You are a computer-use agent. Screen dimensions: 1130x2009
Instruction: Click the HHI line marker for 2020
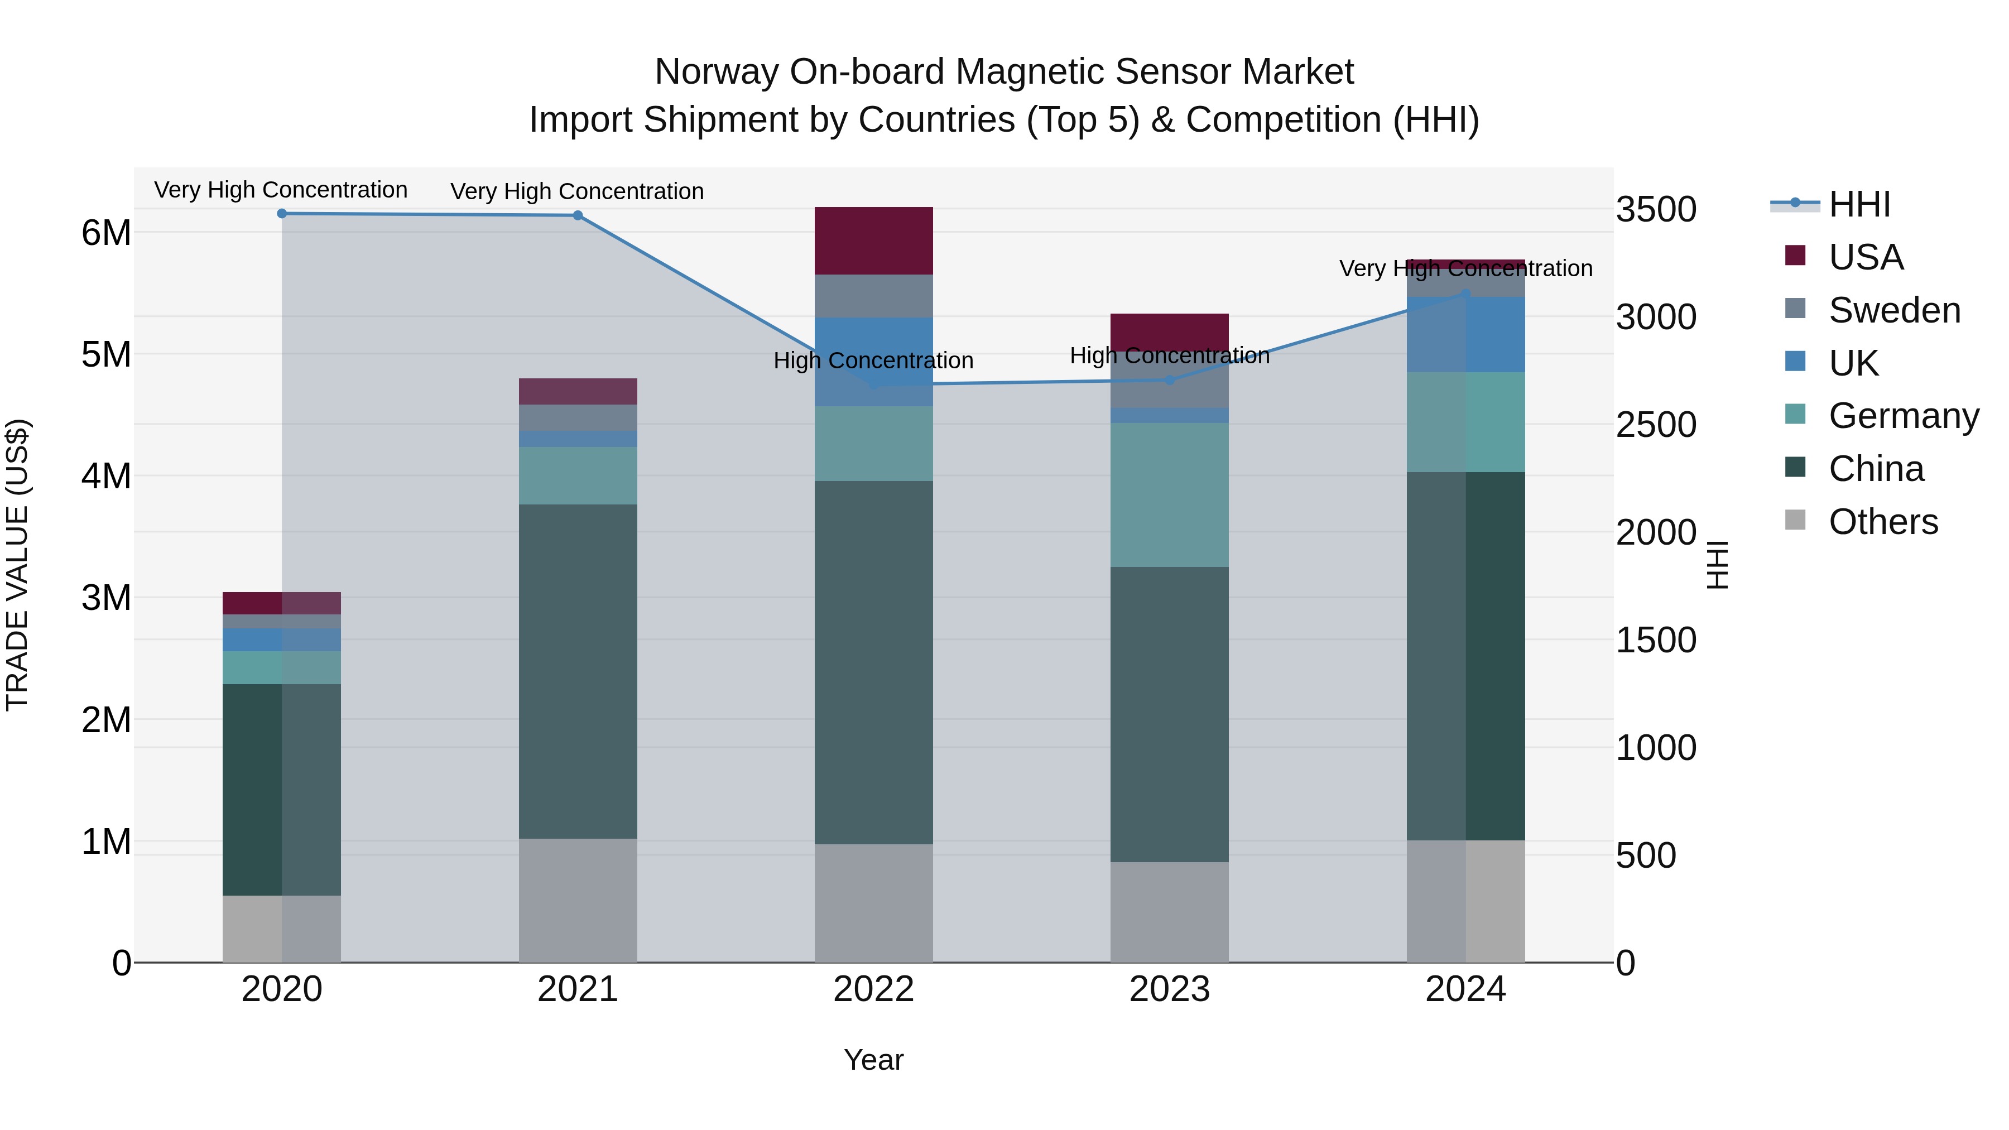point(282,214)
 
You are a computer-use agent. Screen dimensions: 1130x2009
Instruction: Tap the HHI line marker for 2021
point(578,215)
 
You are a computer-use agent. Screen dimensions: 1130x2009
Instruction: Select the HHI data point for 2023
point(1169,381)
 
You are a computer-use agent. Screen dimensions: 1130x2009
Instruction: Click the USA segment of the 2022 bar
point(873,240)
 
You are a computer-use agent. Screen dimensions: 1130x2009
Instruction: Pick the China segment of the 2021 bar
point(578,671)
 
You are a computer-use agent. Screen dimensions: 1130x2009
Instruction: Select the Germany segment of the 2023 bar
point(1169,494)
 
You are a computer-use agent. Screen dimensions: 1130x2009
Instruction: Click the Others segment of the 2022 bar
point(873,903)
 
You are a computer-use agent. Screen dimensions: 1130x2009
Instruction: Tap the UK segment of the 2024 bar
point(1465,334)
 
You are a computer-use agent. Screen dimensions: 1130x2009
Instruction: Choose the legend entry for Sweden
point(1893,310)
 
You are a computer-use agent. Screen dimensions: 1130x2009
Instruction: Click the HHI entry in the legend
point(1859,204)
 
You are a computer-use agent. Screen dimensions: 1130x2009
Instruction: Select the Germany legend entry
point(1903,416)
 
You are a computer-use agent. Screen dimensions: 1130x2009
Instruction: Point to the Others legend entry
point(1883,522)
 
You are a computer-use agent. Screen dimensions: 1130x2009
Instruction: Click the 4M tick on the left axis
point(106,475)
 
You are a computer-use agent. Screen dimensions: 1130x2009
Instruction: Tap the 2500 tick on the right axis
point(1655,425)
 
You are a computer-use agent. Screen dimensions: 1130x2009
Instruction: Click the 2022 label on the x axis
point(873,989)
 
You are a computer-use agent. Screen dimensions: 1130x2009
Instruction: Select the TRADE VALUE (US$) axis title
point(17,565)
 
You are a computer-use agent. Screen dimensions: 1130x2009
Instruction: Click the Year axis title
point(873,1060)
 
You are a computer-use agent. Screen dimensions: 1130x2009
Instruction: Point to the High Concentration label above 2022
point(873,360)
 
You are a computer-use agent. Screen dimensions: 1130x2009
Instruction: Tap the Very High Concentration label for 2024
point(1465,268)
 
